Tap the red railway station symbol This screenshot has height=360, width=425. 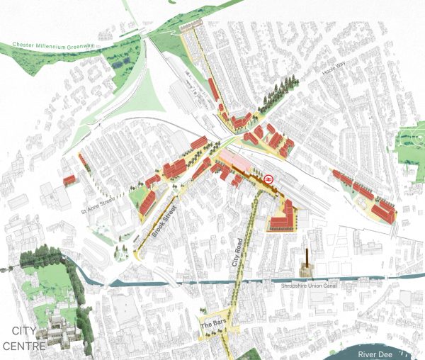pos(269,179)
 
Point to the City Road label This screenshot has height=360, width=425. pos(240,251)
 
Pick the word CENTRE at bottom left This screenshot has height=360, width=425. pos(25,346)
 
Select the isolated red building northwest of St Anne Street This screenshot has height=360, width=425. pos(69,180)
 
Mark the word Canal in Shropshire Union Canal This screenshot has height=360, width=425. pos(323,286)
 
